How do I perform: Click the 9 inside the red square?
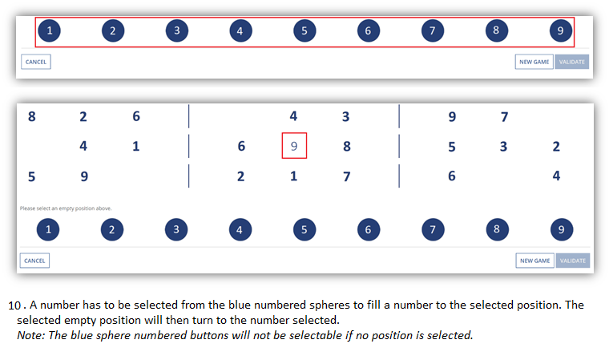(x=294, y=146)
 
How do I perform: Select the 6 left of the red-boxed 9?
(x=241, y=146)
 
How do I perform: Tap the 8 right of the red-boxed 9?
(x=347, y=146)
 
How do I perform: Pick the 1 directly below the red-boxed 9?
(x=293, y=176)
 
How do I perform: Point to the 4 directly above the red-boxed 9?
(x=293, y=115)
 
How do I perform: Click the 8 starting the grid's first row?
(x=32, y=116)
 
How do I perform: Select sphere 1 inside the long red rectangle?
(x=50, y=30)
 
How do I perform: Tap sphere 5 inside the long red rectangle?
(x=304, y=30)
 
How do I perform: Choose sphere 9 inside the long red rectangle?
(x=560, y=30)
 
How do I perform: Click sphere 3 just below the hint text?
(x=176, y=229)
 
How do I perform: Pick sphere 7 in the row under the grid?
(x=433, y=229)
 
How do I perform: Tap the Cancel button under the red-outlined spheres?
(x=36, y=62)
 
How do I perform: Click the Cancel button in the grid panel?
(x=34, y=261)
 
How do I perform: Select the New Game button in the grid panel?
(x=534, y=261)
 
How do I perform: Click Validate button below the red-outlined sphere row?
(x=571, y=62)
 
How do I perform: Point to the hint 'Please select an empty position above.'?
(x=66, y=208)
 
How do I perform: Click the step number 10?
(x=14, y=305)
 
